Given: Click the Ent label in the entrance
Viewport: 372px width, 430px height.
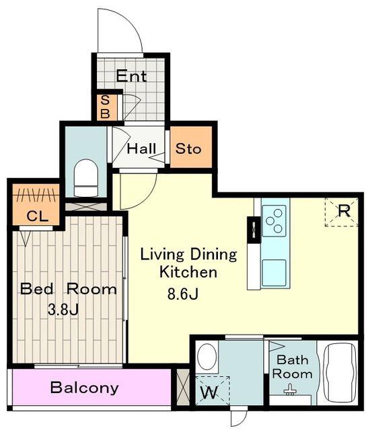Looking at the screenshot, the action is pyautogui.click(x=131, y=76).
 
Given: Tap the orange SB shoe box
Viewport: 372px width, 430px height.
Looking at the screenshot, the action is pyautogui.click(x=104, y=107).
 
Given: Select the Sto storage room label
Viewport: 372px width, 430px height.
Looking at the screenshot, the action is pyautogui.click(x=188, y=149).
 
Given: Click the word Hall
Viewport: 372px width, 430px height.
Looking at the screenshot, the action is pyautogui.click(x=141, y=148).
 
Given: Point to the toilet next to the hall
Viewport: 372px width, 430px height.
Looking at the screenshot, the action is pyautogui.click(x=86, y=178).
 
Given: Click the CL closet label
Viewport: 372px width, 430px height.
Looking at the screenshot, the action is pyautogui.click(x=38, y=216).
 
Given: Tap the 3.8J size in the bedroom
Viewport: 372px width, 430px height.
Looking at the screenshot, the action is pyautogui.click(x=63, y=309).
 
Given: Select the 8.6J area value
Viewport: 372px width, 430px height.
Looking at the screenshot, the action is pyautogui.click(x=182, y=294).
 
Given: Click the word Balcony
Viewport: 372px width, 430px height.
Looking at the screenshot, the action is pyautogui.click(x=85, y=388).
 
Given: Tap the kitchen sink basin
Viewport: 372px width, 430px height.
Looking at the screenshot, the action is pyautogui.click(x=274, y=273).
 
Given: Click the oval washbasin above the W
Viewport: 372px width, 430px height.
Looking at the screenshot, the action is pyautogui.click(x=207, y=357).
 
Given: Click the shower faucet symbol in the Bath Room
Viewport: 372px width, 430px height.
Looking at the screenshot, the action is pyautogui.click(x=290, y=390).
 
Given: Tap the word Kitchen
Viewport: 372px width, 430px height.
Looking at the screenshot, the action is pyautogui.click(x=188, y=272).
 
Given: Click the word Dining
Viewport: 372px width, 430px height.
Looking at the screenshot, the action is pyautogui.click(x=213, y=255).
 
